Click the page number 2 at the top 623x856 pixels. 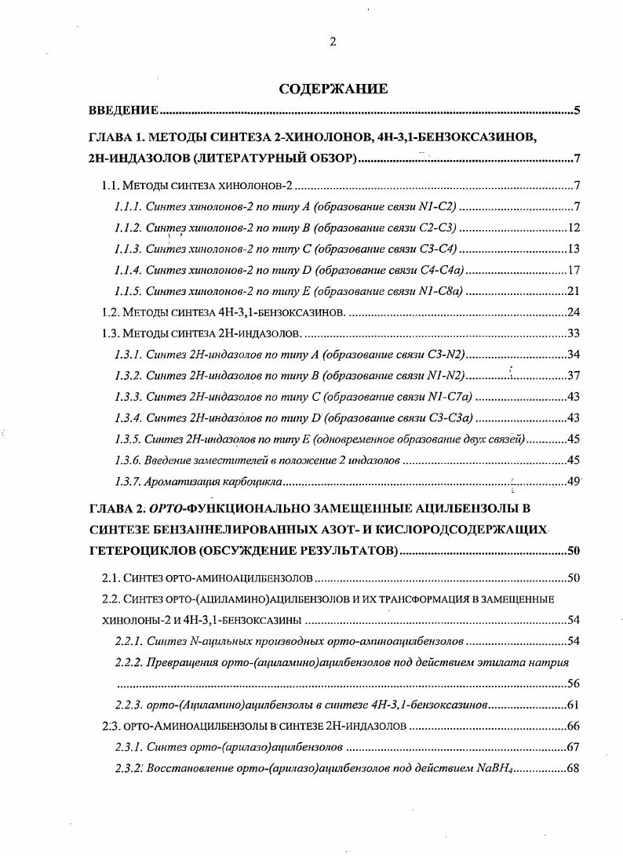333,42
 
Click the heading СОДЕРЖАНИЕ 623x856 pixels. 333,89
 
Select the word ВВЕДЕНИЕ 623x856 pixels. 125,111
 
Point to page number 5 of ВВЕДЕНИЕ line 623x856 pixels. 576,111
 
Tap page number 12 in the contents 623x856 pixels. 573,228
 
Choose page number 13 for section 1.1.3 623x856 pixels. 573,249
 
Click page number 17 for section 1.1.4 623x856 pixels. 573,270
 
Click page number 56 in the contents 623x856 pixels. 573,683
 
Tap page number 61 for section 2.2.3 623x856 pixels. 573,705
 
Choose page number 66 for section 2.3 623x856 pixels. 573,726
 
